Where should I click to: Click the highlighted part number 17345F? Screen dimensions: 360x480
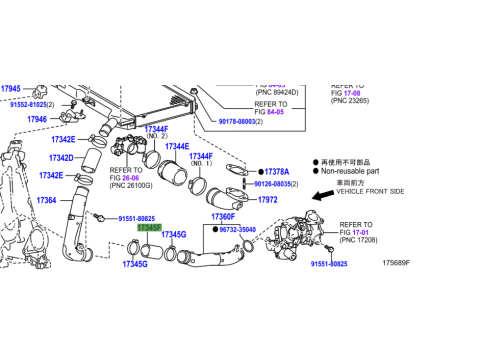click(x=148, y=228)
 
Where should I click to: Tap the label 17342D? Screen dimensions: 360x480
click(x=62, y=158)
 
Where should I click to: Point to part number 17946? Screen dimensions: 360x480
click(x=37, y=120)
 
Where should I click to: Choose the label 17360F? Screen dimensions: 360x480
click(x=223, y=216)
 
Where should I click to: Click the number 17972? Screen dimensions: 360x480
click(x=268, y=199)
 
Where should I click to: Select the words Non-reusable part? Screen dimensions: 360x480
click(x=357, y=171)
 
